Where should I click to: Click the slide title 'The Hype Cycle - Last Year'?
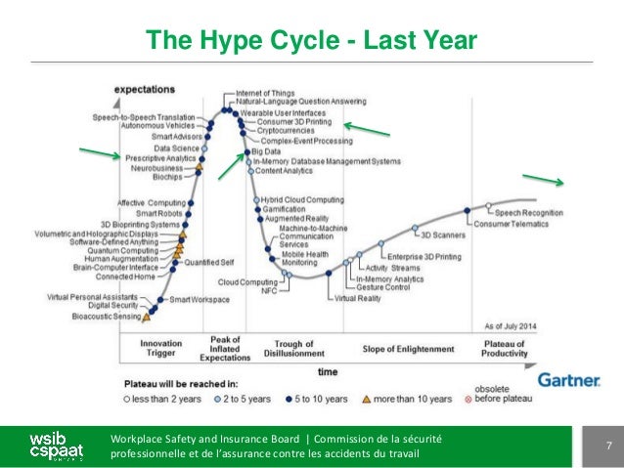coord(311,40)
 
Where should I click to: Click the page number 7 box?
coord(606,447)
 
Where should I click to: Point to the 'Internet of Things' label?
coord(269,92)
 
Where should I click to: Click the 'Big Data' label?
coord(265,151)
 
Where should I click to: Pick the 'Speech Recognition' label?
coord(528,212)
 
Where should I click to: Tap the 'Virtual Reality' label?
coord(357,298)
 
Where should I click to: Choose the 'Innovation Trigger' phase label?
coord(160,350)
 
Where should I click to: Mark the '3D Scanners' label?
coord(443,234)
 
